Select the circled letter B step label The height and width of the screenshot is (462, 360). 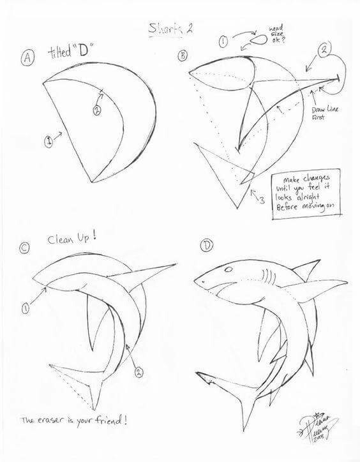coord(183,56)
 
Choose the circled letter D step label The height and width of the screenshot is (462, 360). coord(206,245)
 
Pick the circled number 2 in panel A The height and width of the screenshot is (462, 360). coord(97,110)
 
